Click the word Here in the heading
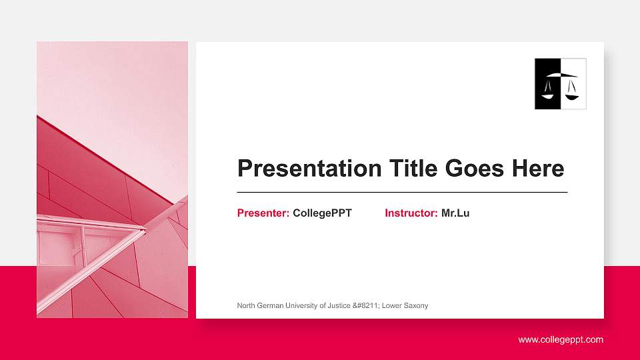click(538, 169)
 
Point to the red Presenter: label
click(263, 213)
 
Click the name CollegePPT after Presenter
click(322, 213)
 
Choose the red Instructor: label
click(411, 213)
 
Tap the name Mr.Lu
click(455, 213)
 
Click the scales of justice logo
click(560, 84)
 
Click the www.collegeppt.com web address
click(561, 340)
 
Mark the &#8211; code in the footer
click(368, 306)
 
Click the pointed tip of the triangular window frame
click(144, 229)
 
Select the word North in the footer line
click(246, 306)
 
